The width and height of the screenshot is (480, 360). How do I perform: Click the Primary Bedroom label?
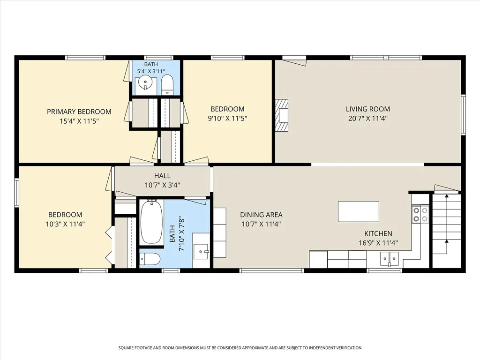click(79, 112)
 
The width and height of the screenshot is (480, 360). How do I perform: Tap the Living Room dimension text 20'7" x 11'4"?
click(368, 119)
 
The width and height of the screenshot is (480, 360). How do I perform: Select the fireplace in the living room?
click(282, 115)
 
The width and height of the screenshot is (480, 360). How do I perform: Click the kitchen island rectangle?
click(359, 211)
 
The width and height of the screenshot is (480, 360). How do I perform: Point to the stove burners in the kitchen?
click(420, 214)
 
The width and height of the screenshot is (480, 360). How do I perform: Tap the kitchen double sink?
click(390, 259)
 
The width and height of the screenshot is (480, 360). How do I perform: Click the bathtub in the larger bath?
click(151, 222)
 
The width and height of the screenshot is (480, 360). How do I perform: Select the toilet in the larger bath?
click(150, 259)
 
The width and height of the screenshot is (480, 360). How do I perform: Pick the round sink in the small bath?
click(145, 82)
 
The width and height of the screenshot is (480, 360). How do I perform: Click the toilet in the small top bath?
click(167, 85)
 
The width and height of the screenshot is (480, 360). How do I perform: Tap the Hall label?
click(162, 176)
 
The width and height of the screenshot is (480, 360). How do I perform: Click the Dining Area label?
click(261, 215)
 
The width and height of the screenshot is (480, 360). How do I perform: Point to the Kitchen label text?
click(378, 233)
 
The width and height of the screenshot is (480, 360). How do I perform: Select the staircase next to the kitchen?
click(446, 230)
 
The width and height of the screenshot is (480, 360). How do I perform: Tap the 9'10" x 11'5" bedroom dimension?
click(227, 119)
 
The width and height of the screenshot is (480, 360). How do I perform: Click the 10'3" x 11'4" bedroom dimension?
click(65, 224)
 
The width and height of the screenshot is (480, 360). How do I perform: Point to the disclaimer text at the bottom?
click(240, 348)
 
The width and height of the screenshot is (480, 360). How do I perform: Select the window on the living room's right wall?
click(464, 115)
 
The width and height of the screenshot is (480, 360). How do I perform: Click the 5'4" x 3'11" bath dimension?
click(151, 71)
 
